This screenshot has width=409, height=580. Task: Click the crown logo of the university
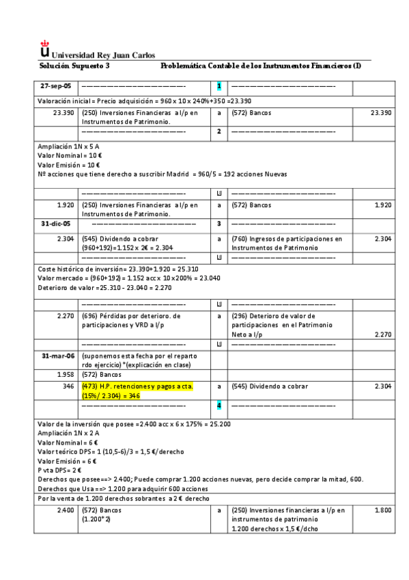tap(45, 50)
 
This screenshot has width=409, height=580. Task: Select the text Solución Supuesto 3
tap(74, 66)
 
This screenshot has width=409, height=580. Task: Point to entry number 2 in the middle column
tap(219, 131)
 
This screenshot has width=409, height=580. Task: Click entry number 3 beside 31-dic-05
tap(219, 224)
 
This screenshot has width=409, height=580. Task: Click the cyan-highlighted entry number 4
tap(219, 407)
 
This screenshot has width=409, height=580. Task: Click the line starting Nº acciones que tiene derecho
tap(162, 174)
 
